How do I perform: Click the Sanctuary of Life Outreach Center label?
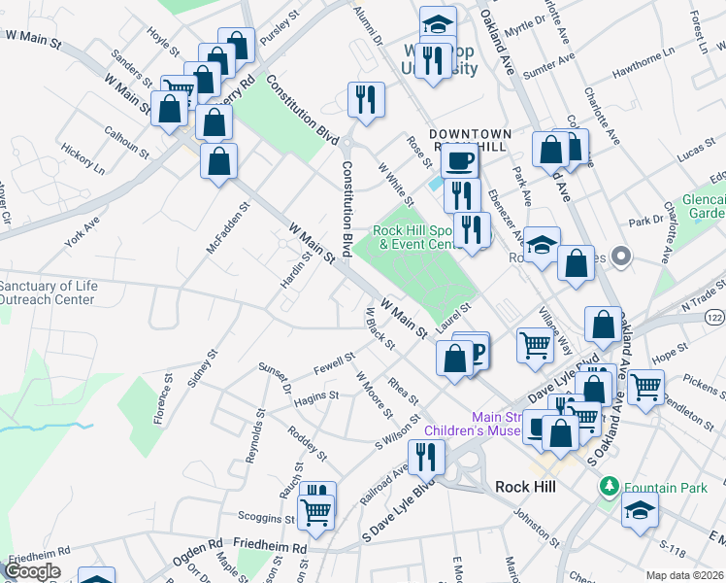coord(48,292)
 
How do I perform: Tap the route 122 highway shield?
coord(715,318)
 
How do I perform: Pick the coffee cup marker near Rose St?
coord(460,160)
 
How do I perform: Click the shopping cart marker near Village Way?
coord(535,344)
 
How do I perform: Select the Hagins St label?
coord(317,396)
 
